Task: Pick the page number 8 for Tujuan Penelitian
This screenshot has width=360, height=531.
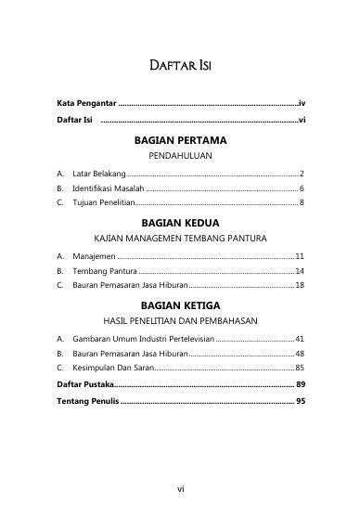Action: click(x=302, y=201)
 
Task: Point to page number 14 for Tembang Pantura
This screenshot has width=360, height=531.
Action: click(x=300, y=270)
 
